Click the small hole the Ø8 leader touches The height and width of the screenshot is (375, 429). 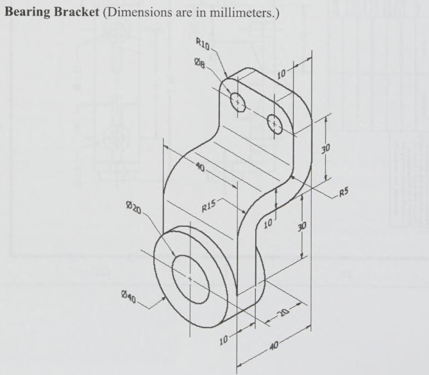[x=238, y=101]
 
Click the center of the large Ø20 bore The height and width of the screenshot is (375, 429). [x=190, y=278]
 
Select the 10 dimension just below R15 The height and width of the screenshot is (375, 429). [x=267, y=224]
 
